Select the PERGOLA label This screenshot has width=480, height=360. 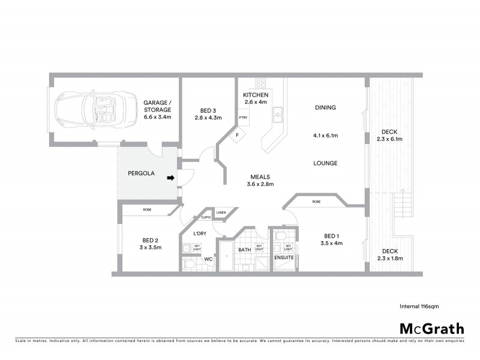tap(142, 173)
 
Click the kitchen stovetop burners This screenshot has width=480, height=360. tap(262, 83)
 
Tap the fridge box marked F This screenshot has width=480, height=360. tap(237, 136)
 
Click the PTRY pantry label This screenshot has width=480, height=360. tap(243, 118)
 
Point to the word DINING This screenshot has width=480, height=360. tap(325, 108)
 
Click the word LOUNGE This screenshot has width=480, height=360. tap(325, 163)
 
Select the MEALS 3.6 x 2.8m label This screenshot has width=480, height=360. tap(261, 181)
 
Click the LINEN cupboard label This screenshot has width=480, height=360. tap(221, 212)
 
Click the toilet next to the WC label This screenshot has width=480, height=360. tap(189, 262)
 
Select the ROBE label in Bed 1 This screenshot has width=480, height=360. tap(316, 202)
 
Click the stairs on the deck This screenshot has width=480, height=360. tap(401, 210)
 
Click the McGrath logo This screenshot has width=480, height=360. tap(432, 328)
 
